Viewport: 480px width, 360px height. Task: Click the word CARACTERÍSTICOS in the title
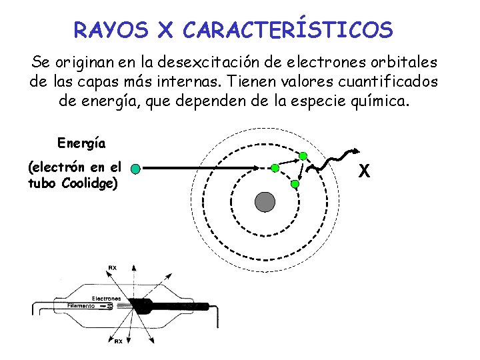[287, 29]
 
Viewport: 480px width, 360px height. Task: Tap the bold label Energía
[81, 143]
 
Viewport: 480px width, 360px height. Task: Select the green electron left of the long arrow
[135, 169]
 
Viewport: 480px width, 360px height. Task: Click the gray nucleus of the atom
[265, 202]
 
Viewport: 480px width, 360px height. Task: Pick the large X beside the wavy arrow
[364, 171]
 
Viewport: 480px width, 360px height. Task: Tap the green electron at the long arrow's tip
[275, 169]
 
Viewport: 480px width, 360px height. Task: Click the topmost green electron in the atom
[303, 156]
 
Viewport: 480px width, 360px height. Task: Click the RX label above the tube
[113, 269]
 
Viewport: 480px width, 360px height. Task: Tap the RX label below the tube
[118, 341]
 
